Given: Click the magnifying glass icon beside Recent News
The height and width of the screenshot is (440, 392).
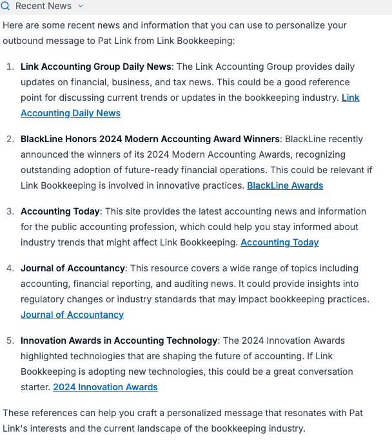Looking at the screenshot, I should (x=5, y=6).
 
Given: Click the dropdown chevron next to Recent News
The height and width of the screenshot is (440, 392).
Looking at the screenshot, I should (x=81, y=6).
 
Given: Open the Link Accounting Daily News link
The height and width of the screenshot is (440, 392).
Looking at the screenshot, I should (x=71, y=113).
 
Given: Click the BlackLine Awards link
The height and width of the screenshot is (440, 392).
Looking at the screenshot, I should (x=285, y=185).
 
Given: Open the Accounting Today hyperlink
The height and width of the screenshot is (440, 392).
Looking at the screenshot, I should (x=279, y=242).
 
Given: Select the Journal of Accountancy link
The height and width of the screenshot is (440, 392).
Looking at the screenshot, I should (x=72, y=315).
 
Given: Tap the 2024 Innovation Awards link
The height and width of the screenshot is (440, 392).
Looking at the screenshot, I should (x=105, y=387).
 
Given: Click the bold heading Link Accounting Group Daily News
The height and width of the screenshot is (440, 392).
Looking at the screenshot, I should (x=96, y=67).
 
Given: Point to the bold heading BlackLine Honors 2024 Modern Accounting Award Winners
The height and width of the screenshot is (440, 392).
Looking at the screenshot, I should (x=150, y=139).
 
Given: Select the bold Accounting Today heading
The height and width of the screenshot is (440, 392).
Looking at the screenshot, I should (x=60, y=211).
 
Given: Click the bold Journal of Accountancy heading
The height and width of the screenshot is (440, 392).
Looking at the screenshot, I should (x=72, y=268).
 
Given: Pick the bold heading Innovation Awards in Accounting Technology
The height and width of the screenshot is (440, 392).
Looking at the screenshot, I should (x=119, y=340).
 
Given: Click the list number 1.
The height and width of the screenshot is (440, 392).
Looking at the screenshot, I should (x=10, y=67).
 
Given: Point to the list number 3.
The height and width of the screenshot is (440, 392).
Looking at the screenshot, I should (x=10, y=211).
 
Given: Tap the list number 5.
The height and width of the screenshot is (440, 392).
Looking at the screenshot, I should (x=10, y=340).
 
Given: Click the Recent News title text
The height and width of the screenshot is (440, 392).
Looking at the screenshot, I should (x=43, y=6).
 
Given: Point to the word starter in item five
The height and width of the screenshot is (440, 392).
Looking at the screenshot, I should (x=35, y=387).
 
